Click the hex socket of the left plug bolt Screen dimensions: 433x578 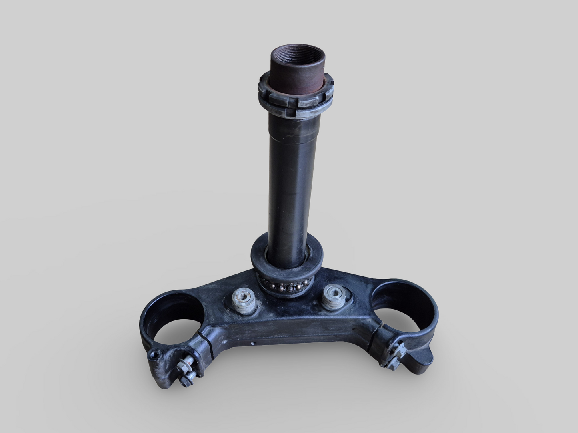[x=243, y=296]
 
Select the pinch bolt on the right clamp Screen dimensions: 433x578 [x=394, y=352]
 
